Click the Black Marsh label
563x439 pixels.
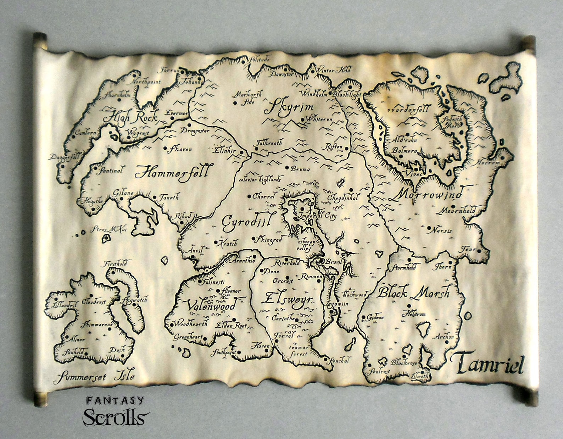coord(413,293)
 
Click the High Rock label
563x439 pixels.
coord(130,116)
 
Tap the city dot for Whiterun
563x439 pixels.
coord(302,120)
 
